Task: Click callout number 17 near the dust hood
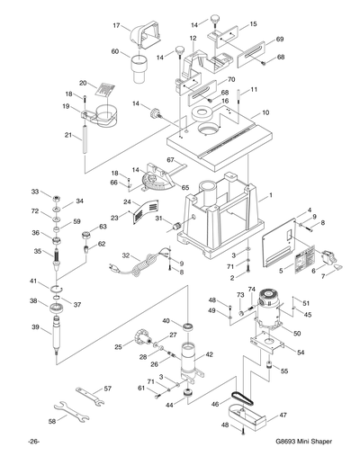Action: tap(116, 26)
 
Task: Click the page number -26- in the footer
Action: tap(33, 442)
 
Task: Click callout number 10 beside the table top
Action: tap(265, 113)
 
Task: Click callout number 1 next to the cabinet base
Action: tap(268, 194)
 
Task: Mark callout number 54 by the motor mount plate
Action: tap(301, 353)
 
